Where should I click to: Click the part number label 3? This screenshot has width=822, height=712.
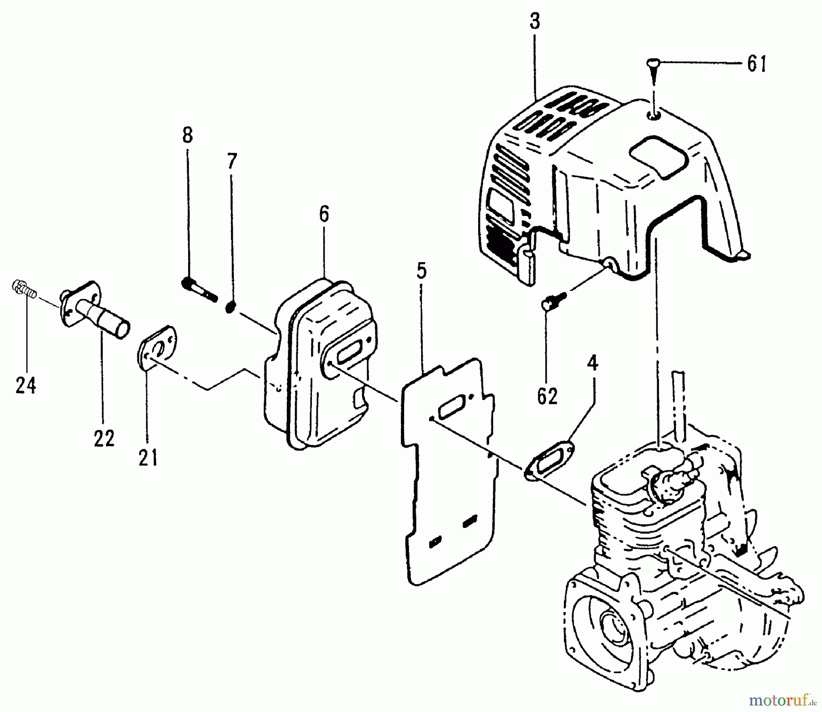pos(535,22)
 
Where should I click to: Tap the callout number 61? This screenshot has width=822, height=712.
pos(757,64)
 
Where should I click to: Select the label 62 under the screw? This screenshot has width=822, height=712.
pos(547,396)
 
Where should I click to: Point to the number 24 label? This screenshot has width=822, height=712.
pos(26,386)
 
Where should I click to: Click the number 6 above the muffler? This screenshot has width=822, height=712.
pos(324,214)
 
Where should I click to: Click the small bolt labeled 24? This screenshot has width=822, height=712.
pos(23,289)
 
